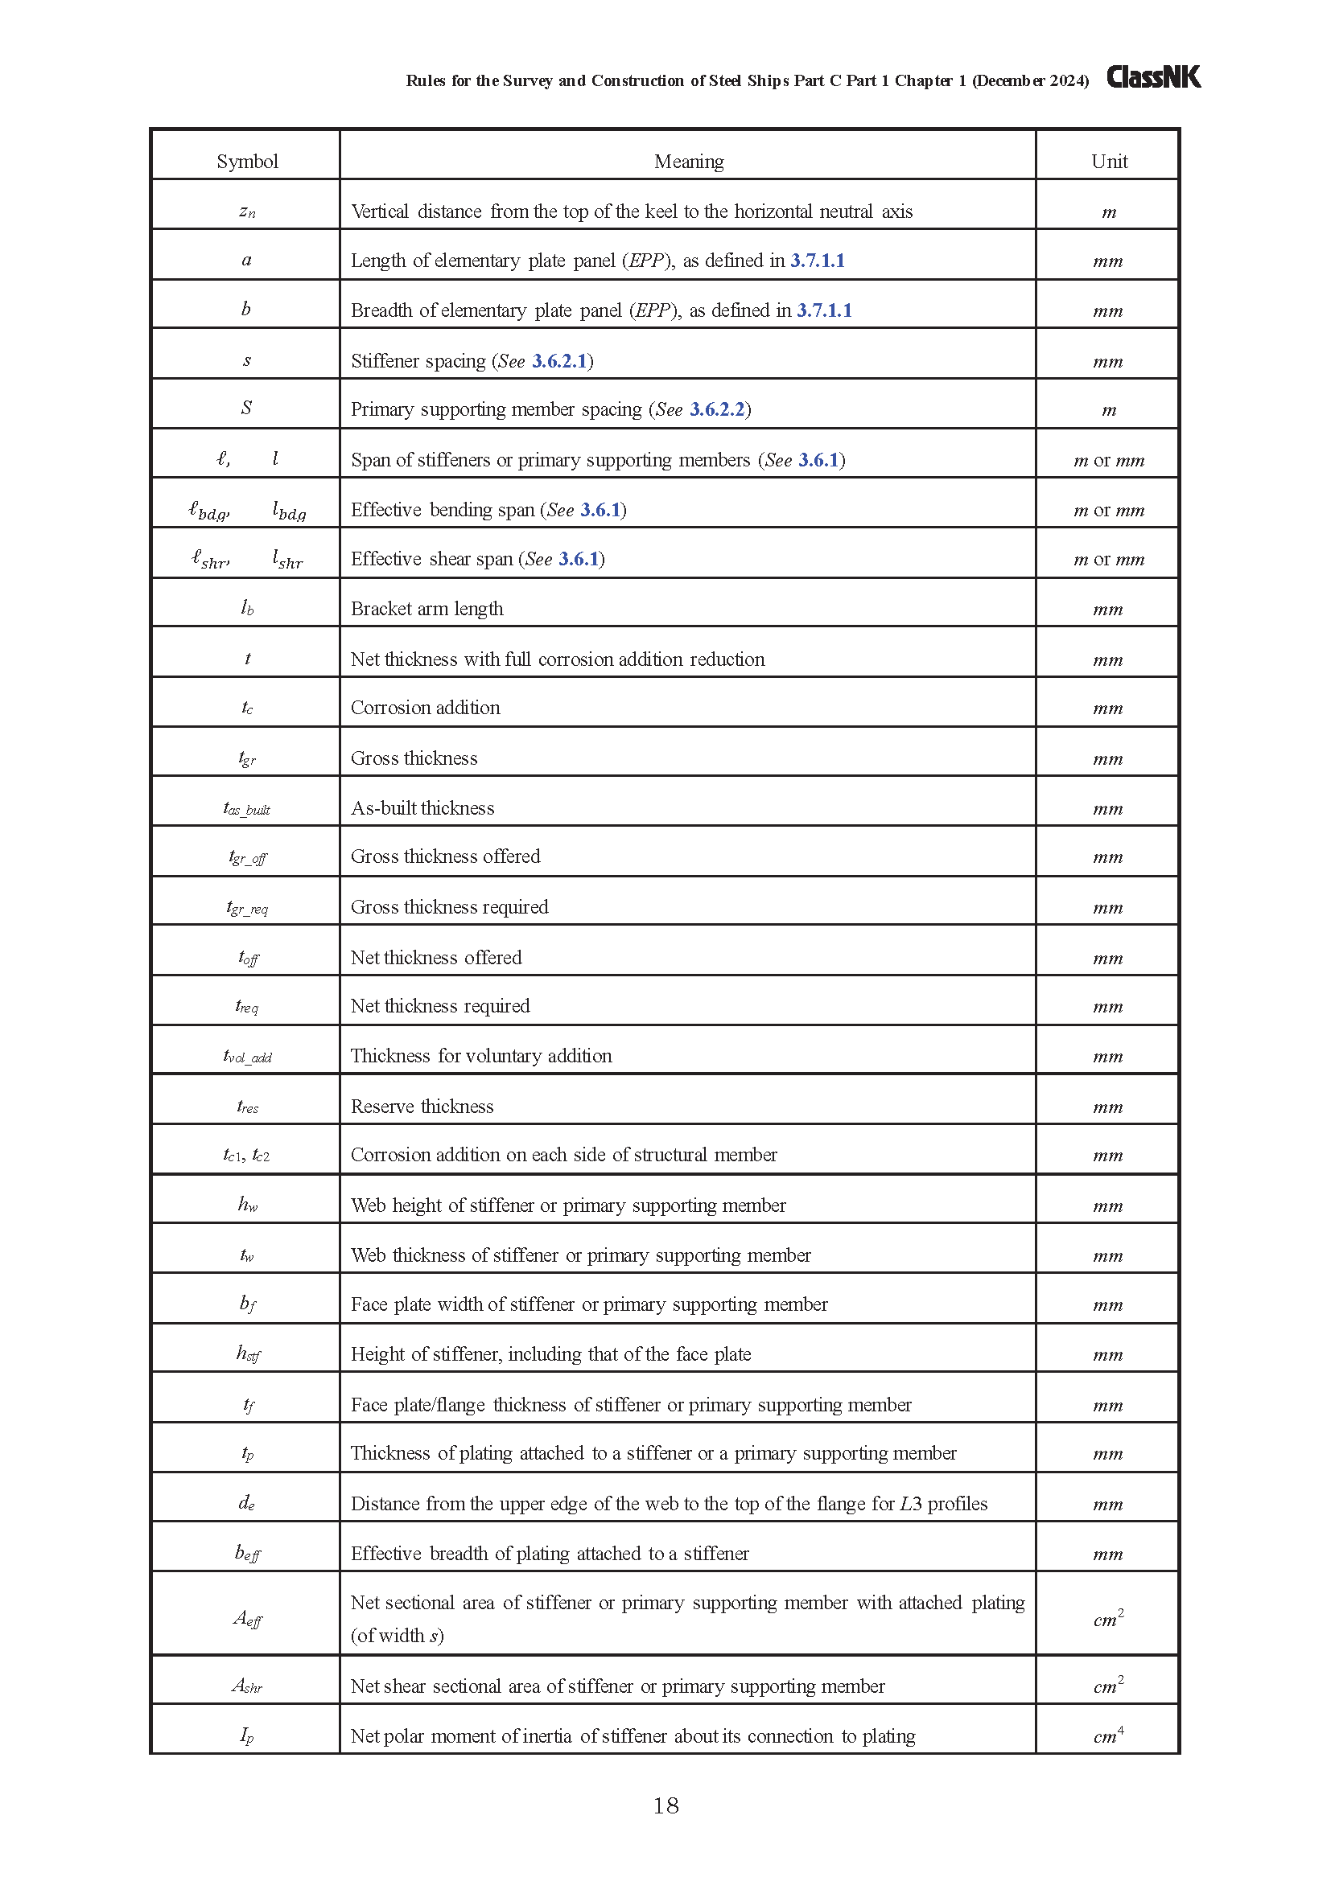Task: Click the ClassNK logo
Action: tap(1152, 77)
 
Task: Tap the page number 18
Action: tap(665, 1805)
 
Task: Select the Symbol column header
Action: tap(247, 162)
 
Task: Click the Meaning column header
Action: tap(689, 162)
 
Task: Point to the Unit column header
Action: tap(1109, 162)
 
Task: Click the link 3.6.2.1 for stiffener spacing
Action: tap(560, 361)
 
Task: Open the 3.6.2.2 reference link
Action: tap(717, 409)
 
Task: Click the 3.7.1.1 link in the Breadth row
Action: tap(824, 310)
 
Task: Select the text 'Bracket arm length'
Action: tap(427, 609)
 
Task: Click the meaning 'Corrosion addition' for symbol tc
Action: tap(426, 708)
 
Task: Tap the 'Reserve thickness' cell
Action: tap(422, 1107)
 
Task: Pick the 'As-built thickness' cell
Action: tap(423, 808)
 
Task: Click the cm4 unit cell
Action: tap(1109, 1735)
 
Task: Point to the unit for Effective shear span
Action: tap(1109, 560)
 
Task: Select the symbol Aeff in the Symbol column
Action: tap(247, 1618)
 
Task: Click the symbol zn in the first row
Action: tap(247, 212)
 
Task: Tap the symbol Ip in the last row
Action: tap(247, 1735)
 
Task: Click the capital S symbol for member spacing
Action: tap(247, 408)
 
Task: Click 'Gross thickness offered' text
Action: tap(446, 856)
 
